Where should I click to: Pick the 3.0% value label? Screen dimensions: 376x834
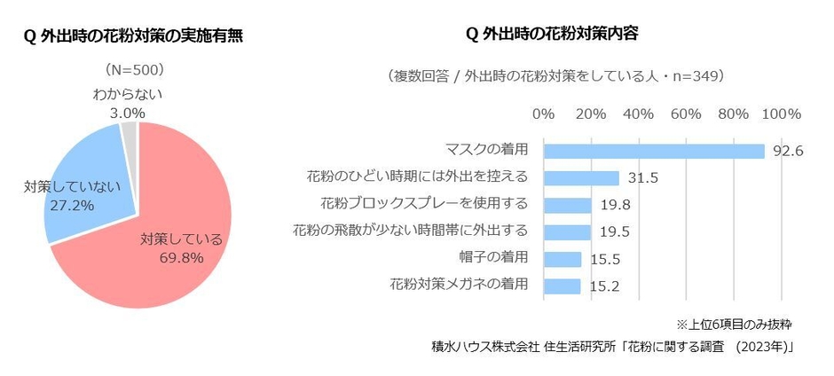point(127,113)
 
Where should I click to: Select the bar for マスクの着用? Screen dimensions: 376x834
point(654,151)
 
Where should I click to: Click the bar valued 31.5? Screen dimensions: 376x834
point(581,178)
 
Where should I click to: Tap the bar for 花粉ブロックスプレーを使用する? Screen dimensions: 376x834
point(567,205)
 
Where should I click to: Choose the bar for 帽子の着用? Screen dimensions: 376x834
point(562,259)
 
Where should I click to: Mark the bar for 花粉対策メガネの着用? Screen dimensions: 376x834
point(562,286)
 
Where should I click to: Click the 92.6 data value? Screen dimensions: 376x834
point(787,152)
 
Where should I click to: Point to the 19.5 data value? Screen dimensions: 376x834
point(616,232)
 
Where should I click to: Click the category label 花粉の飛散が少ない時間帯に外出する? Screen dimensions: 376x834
point(410,231)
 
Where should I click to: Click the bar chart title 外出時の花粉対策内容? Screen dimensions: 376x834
point(552,35)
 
